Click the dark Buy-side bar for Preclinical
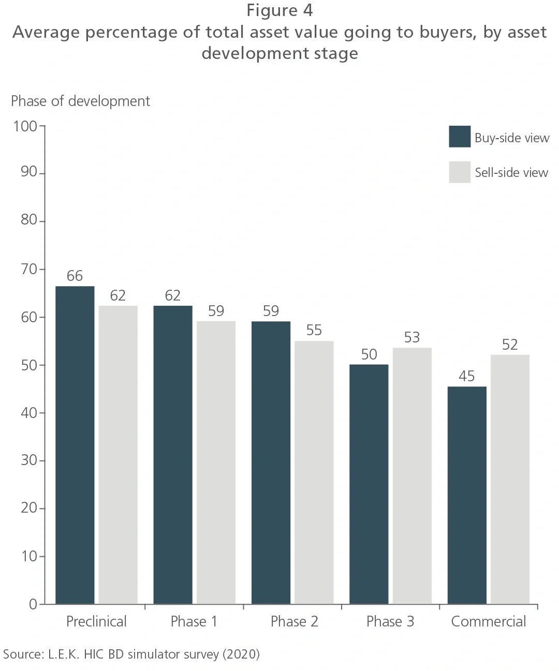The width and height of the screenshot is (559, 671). (x=75, y=445)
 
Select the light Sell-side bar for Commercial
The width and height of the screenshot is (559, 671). (x=510, y=479)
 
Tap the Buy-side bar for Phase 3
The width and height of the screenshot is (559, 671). (x=369, y=484)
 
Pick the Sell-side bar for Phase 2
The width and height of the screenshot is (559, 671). (x=314, y=472)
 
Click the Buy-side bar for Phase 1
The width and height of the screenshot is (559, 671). (x=173, y=455)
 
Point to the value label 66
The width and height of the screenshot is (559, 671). (x=75, y=276)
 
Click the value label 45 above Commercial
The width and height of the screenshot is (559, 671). (x=466, y=376)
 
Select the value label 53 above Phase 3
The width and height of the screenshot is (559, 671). (x=412, y=337)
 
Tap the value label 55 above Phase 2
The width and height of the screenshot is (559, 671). (x=314, y=330)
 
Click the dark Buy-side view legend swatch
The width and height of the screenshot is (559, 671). (x=460, y=137)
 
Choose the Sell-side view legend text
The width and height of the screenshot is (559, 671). (x=511, y=173)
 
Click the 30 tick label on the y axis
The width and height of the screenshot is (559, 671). (x=29, y=460)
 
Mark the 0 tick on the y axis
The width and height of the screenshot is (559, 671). (x=33, y=604)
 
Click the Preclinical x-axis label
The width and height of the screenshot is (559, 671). (x=96, y=621)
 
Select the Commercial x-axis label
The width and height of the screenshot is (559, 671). (x=488, y=621)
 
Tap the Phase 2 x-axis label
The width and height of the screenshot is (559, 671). (x=294, y=621)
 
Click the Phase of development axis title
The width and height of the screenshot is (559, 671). (x=80, y=101)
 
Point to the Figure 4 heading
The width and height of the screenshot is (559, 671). (x=279, y=10)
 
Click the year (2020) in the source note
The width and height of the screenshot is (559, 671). (x=241, y=654)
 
